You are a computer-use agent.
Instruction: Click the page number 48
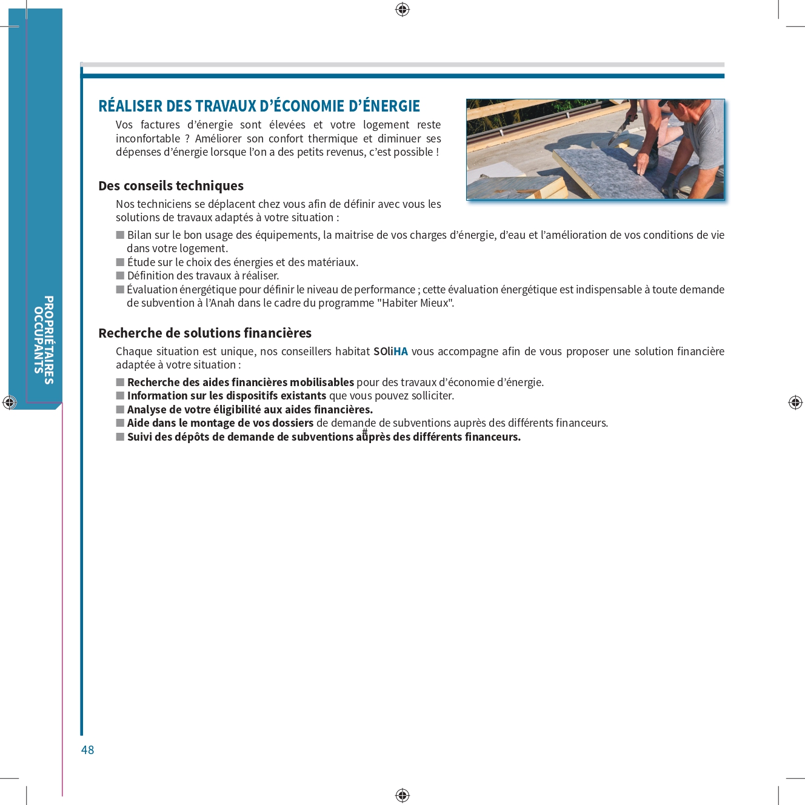[88, 750]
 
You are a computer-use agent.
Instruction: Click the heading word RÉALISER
[131, 106]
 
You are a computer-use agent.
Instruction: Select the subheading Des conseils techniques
[171, 185]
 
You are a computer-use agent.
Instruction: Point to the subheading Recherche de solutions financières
[205, 333]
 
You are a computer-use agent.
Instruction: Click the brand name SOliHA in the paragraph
[390, 352]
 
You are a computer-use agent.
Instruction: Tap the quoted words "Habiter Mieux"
[415, 303]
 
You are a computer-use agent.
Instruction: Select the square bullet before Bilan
[120, 235]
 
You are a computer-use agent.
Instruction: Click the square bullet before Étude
[120, 262]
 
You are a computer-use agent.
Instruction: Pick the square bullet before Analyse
[120, 410]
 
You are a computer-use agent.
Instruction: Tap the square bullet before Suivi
[120, 437]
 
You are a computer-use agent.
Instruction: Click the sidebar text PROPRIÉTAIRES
[49, 339]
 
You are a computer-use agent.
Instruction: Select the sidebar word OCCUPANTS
[38, 339]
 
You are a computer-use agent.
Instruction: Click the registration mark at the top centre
[402, 9]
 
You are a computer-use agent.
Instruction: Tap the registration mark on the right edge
[795, 402]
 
